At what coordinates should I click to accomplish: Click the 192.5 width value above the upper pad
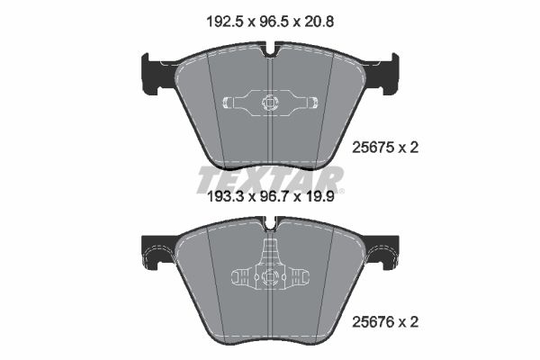point(225,22)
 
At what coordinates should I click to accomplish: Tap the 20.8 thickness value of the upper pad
point(319,22)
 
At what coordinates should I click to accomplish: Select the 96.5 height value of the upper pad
point(273,22)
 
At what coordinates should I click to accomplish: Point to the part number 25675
point(373,148)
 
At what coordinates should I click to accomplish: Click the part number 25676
point(373,322)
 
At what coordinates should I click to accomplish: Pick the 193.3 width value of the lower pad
point(225,197)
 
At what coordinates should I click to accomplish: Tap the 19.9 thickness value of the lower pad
point(319,197)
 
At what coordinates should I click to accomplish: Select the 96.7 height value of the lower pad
point(274,197)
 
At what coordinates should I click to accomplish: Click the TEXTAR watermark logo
point(270,179)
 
